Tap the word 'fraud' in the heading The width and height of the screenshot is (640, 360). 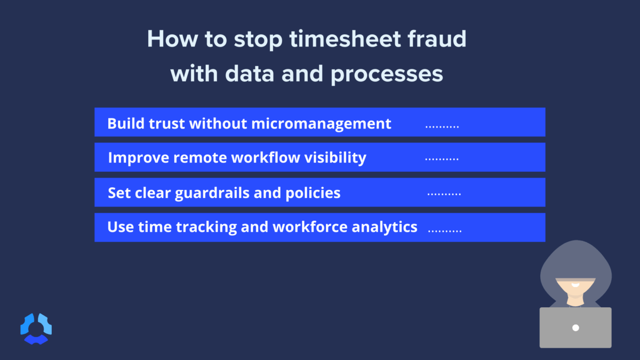click(438, 40)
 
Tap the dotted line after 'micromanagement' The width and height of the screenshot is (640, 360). click(442, 127)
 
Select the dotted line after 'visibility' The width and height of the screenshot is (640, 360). click(442, 159)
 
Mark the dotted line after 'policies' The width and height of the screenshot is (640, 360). click(444, 195)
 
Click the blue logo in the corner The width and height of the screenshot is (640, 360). click(36, 328)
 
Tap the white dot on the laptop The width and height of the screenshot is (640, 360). click(575, 327)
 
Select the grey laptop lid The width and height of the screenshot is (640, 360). click(575, 327)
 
